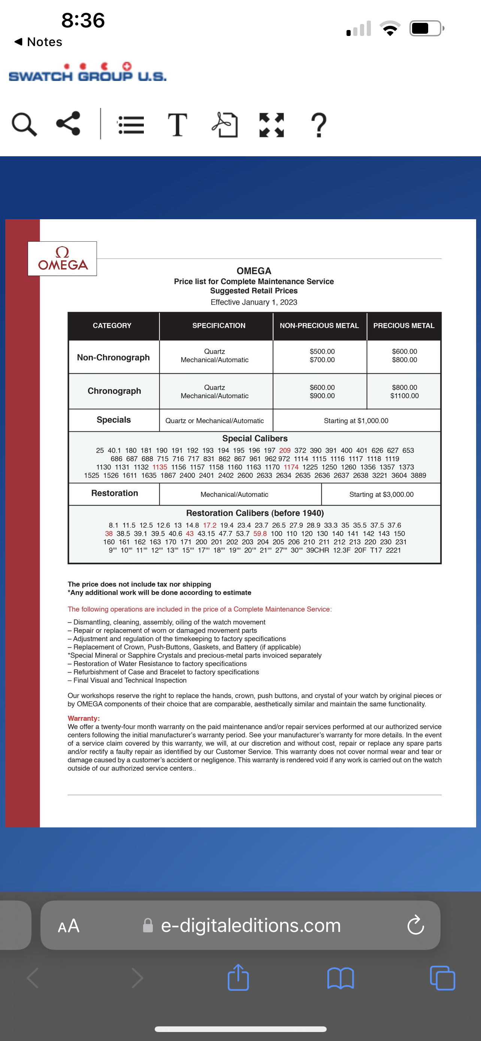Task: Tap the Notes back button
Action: [x=38, y=42]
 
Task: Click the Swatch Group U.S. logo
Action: [x=87, y=73]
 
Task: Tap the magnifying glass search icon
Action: [x=24, y=124]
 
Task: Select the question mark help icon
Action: [x=319, y=125]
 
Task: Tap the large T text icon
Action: [x=177, y=125]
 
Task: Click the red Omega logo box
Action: [x=62, y=259]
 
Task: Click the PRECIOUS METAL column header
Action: [x=403, y=326]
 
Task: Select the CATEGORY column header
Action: [x=112, y=326]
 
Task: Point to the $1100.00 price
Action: [x=404, y=396]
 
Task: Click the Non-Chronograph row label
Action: [x=113, y=357]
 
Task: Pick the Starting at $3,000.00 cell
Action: [x=381, y=494]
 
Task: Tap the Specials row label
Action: [x=114, y=420]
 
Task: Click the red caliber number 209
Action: [x=284, y=450]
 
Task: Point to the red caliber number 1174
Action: [x=291, y=467]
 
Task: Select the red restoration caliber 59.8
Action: [x=260, y=534]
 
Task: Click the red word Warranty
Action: [x=83, y=718]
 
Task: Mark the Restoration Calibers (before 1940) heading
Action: [x=255, y=513]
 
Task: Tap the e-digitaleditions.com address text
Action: [x=250, y=926]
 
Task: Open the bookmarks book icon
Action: [x=341, y=978]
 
